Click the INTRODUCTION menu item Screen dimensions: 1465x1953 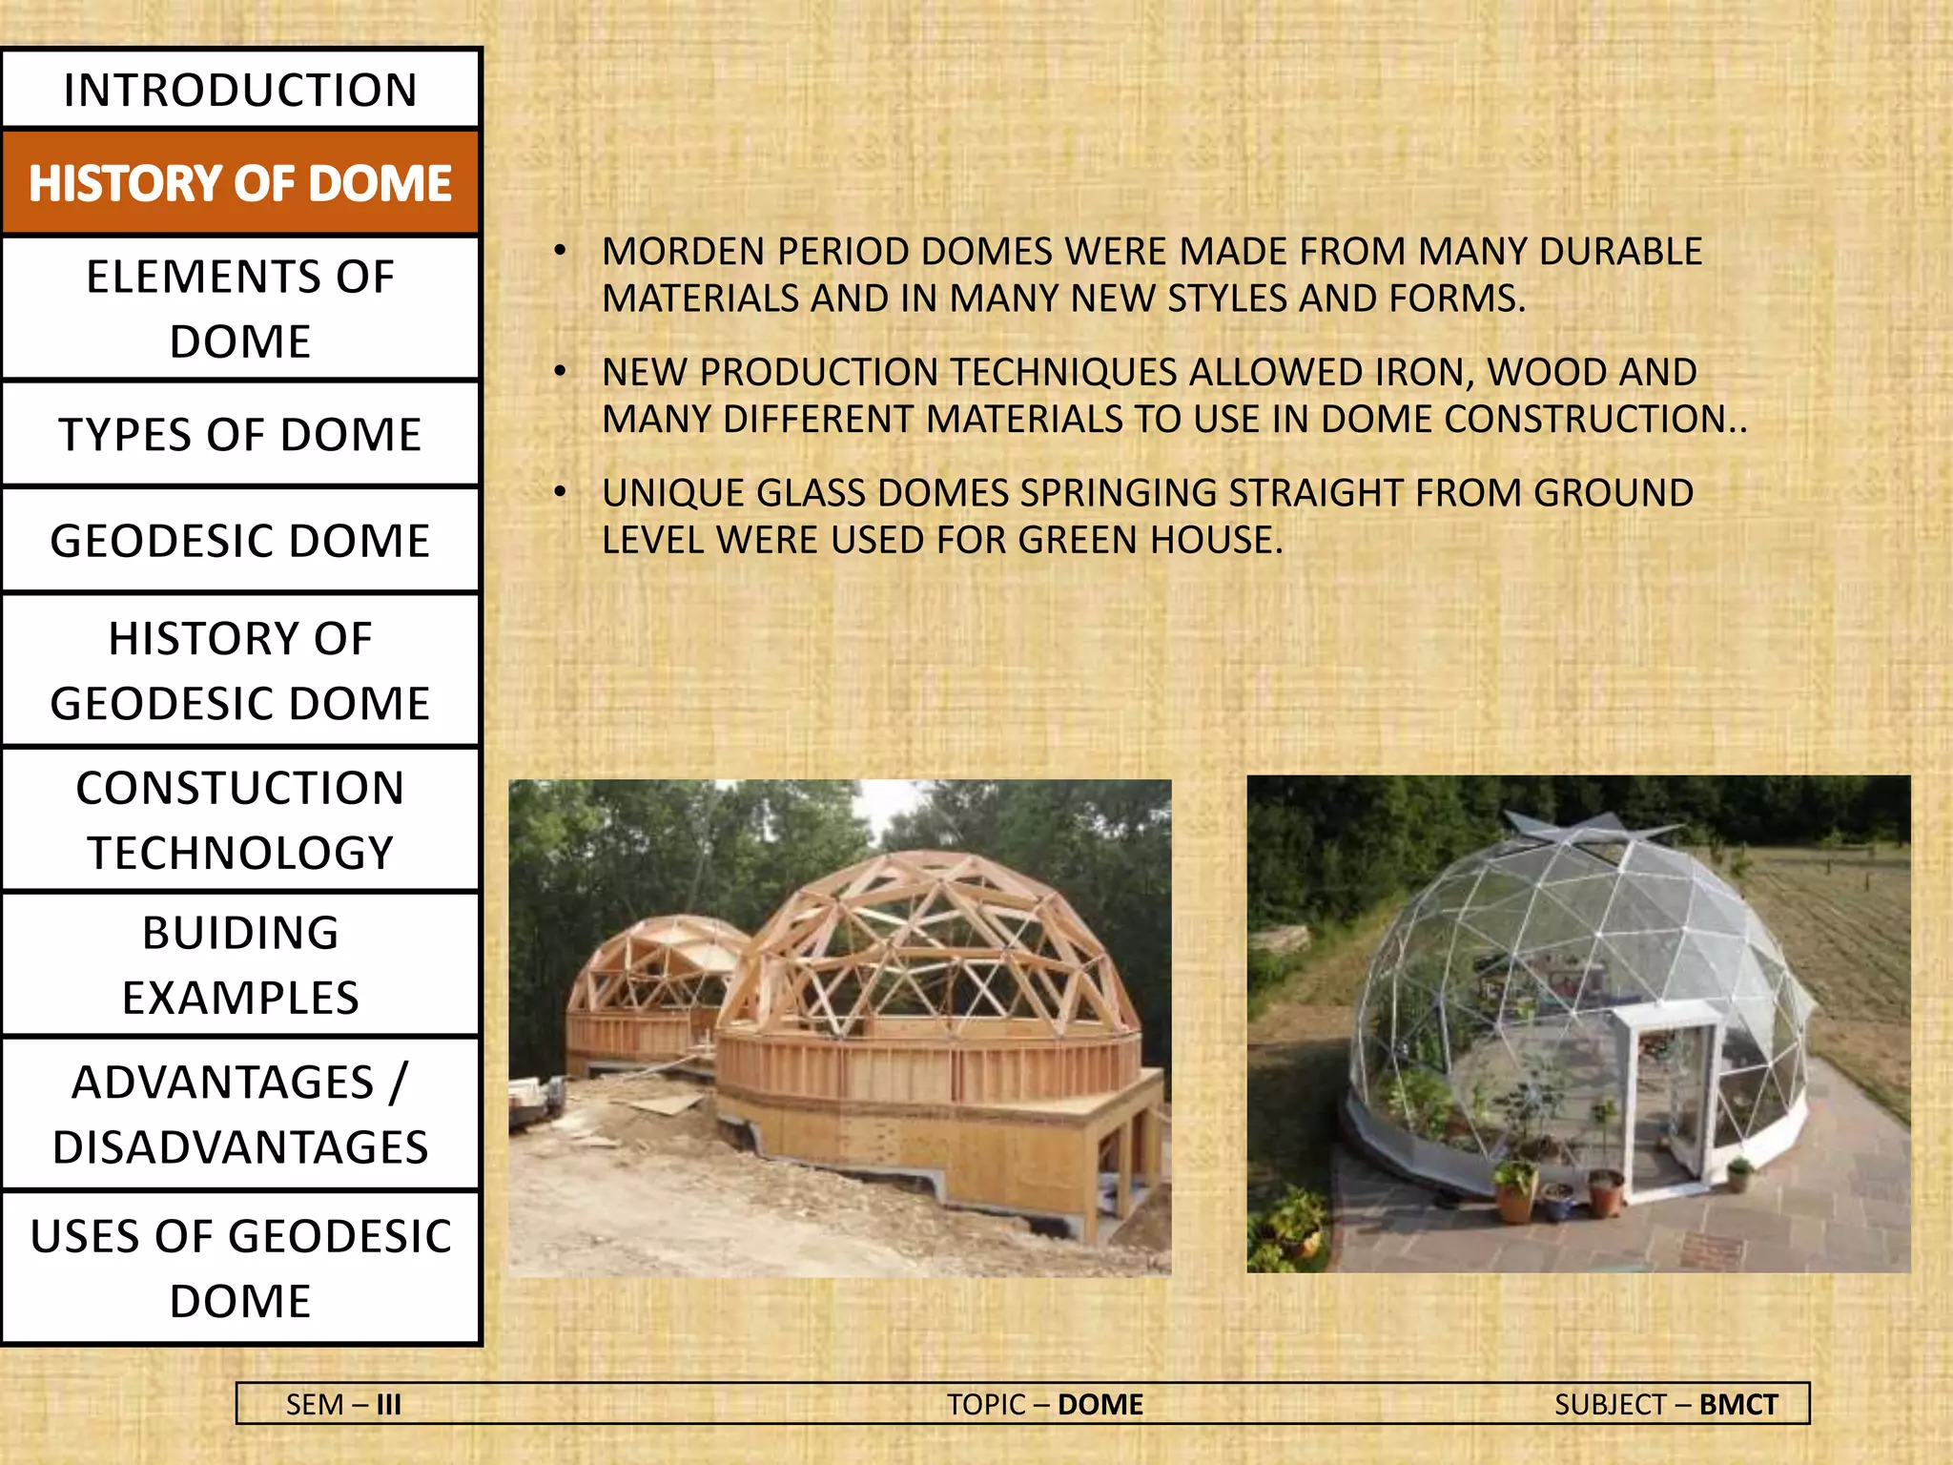pos(240,90)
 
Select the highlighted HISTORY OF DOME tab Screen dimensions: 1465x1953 pos(240,183)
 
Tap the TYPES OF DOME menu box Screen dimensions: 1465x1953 pos(240,434)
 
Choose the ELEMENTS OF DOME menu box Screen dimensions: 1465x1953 pos(240,308)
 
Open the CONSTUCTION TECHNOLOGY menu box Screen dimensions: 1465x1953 pos(240,819)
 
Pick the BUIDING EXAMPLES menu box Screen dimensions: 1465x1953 pos(240,964)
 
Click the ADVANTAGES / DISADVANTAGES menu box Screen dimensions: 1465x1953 pos(240,1113)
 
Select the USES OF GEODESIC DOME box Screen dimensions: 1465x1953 pos(240,1268)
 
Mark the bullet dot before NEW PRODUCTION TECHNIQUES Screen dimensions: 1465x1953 pos(561,372)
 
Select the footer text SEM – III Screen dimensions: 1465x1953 pos(343,1404)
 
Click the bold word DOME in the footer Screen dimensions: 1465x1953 pos(1100,1404)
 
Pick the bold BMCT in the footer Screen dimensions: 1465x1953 pos(1737,1404)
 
